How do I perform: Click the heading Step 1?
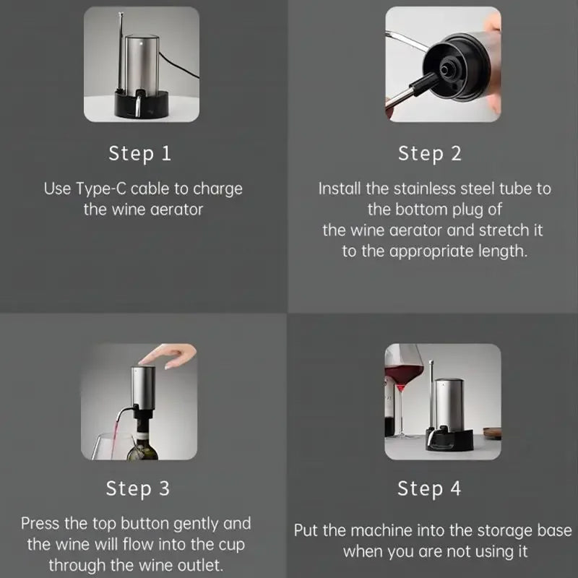(139, 154)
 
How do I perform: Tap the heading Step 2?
(430, 154)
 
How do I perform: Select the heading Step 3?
(138, 488)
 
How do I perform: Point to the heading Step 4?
(429, 488)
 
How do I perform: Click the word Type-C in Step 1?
(101, 189)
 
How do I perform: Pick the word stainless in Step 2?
(425, 189)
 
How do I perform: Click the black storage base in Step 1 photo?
(142, 105)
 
